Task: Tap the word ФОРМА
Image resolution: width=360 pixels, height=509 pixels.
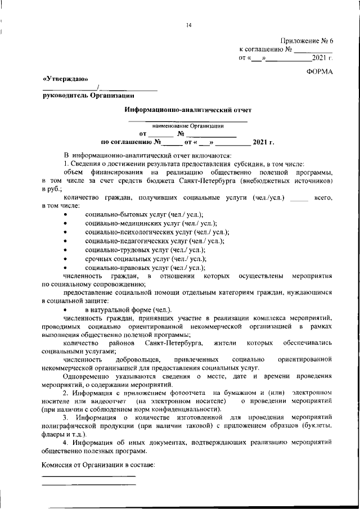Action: [320, 71]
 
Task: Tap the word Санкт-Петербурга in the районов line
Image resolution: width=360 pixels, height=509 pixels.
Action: [173, 343]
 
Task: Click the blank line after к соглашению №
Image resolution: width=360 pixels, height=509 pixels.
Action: [313, 50]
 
